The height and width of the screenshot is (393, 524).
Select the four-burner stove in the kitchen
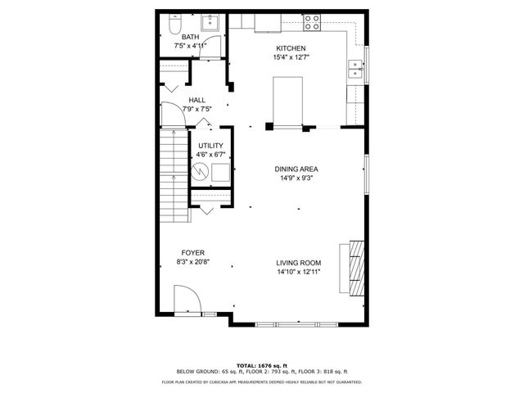pos(312,21)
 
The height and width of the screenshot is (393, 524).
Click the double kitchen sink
pos(355,69)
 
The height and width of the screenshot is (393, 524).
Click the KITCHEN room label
pos(291,48)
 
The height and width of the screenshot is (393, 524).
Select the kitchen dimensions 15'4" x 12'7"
pos(291,57)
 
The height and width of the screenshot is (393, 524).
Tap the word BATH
pos(190,37)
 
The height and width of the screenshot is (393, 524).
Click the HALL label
pos(196,100)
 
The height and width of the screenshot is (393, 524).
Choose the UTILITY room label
pos(210,146)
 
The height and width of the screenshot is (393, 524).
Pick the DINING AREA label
pos(296,169)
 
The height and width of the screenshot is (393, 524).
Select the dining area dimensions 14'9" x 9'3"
pos(296,178)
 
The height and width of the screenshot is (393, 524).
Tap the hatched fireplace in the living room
pos(354,266)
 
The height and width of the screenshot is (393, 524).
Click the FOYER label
pos(192,253)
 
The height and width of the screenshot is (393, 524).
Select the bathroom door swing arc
pos(212,48)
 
